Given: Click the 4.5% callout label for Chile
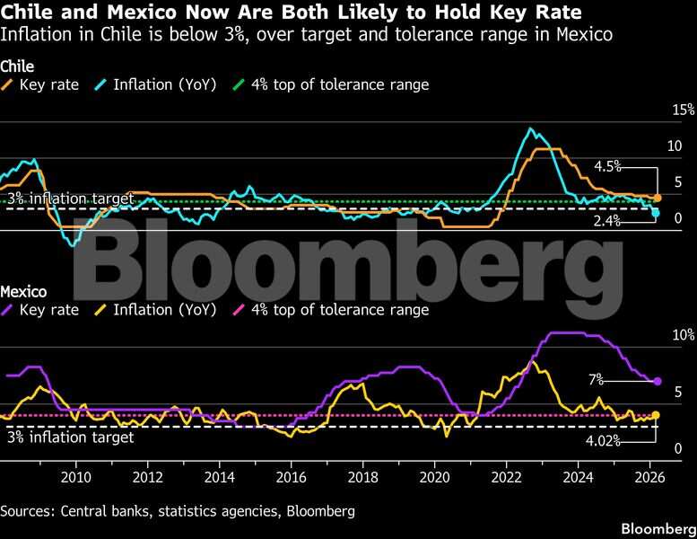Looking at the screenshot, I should pyautogui.click(x=607, y=166).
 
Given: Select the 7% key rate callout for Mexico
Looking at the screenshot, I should pyautogui.click(x=596, y=381).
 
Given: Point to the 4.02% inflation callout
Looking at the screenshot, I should pyautogui.click(x=603, y=441).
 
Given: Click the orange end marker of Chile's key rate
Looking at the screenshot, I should pyautogui.click(x=657, y=198).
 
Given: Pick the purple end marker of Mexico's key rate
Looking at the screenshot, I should pyautogui.click(x=657, y=382).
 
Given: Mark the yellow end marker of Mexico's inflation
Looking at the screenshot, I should pyautogui.click(x=656, y=415).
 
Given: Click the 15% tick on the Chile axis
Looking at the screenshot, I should pyautogui.click(x=684, y=110).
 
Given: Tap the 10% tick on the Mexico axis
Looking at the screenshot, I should pyautogui.click(x=684, y=334).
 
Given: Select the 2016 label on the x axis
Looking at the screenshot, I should pyautogui.click(x=291, y=476).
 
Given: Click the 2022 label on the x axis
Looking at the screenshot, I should pyautogui.click(x=507, y=476).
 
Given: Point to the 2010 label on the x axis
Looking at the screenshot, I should pyautogui.click(x=75, y=476).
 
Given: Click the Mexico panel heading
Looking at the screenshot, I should pyautogui.click(x=23, y=292).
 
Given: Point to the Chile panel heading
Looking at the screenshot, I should pyautogui.click(x=17, y=66).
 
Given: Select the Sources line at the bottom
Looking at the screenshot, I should pyautogui.click(x=178, y=511).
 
